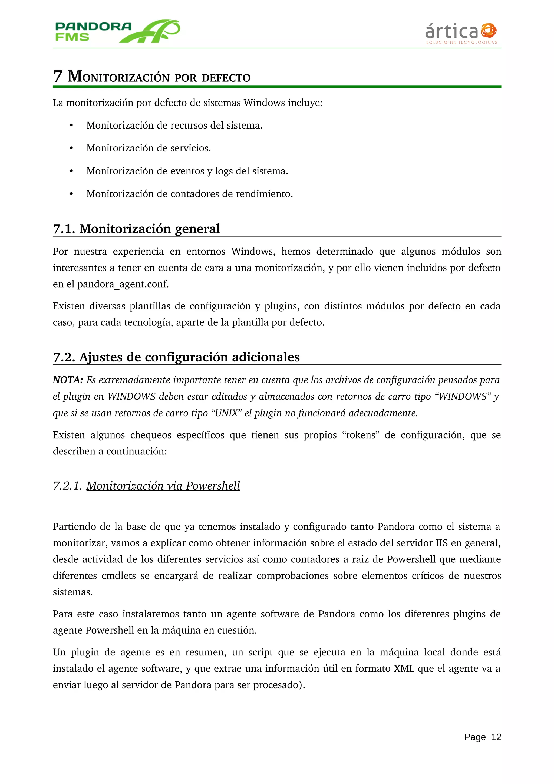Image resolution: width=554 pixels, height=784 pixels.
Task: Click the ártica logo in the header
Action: (x=461, y=33)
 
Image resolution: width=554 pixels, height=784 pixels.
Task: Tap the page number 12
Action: (x=496, y=737)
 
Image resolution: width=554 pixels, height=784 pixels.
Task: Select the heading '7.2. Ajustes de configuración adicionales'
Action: (x=176, y=357)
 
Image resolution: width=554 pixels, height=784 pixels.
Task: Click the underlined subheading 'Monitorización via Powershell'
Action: (x=163, y=485)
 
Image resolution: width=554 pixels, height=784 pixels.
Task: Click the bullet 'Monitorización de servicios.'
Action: (x=149, y=148)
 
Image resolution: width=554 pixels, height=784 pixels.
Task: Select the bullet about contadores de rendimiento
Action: (x=189, y=194)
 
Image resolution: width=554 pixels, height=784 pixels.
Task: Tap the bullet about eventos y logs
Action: (x=187, y=171)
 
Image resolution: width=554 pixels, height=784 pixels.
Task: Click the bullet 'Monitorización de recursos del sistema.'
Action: (x=174, y=125)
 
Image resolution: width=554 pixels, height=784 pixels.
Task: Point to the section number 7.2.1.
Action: (x=67, y=485)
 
